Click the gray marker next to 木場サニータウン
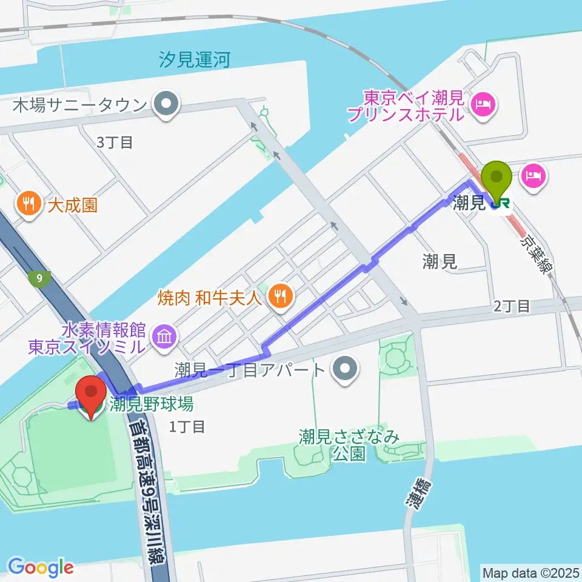tap(166, 105)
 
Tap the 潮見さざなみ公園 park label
tap(350, 445)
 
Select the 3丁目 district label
tap(115, 142)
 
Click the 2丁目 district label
tap(511, 306)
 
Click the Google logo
tap(41, 567)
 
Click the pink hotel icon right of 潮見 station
tap(534, 176)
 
